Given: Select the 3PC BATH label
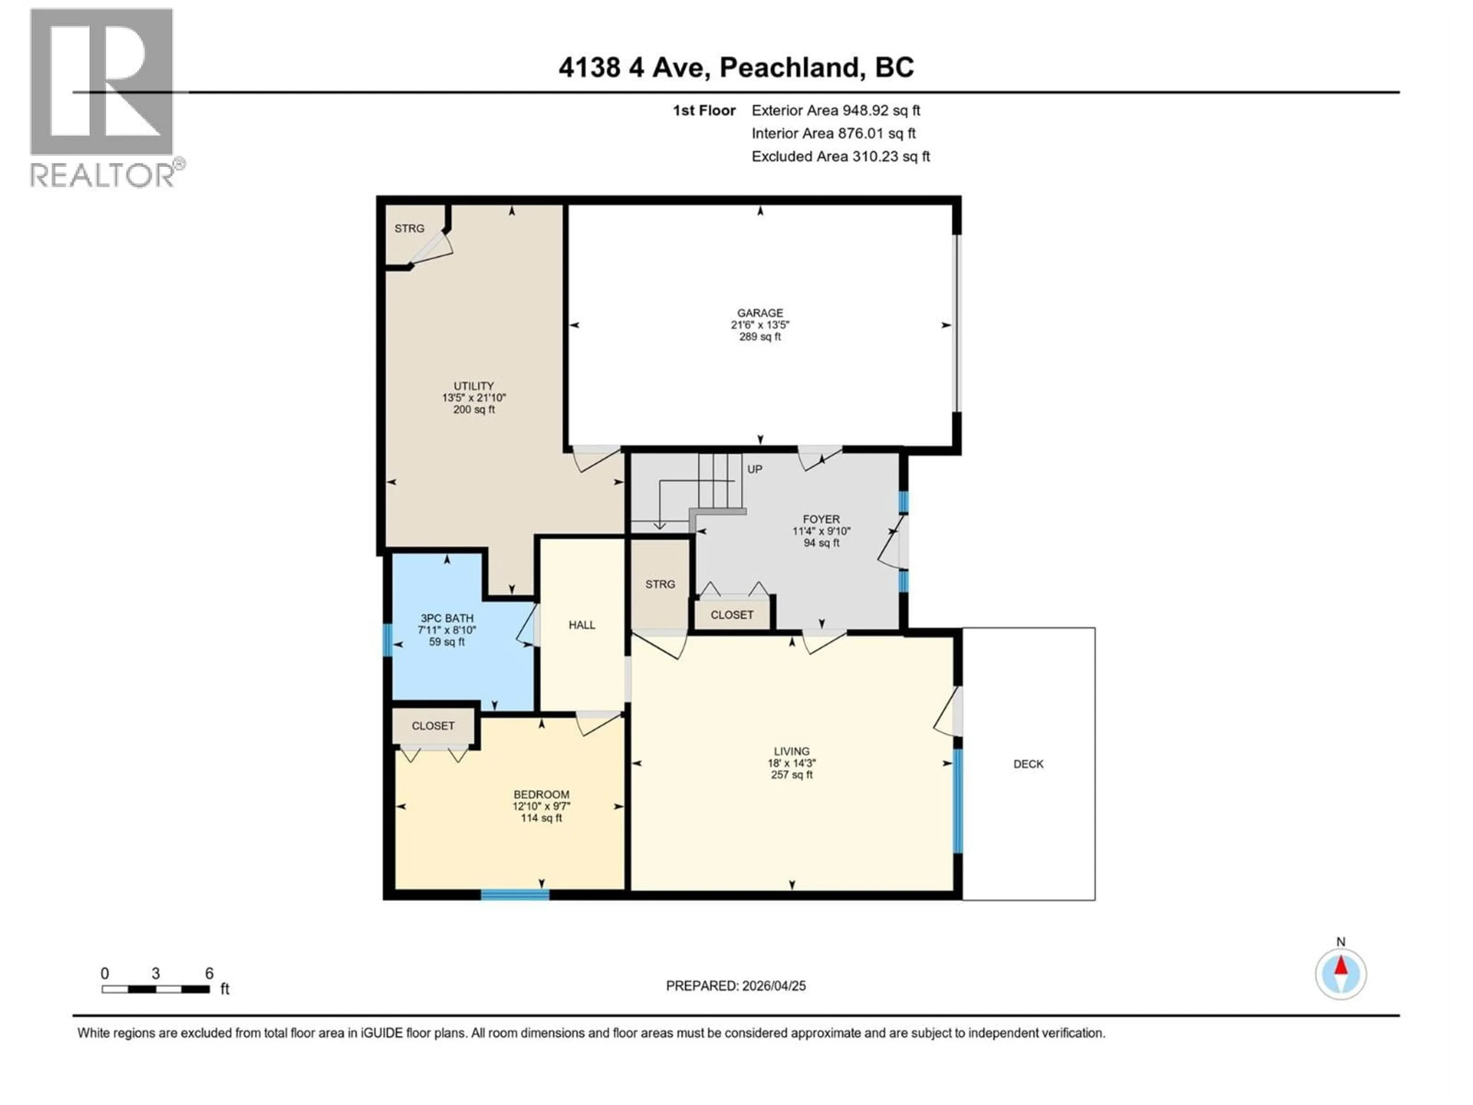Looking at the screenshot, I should [447, 618].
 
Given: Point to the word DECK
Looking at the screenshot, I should [1028, 764].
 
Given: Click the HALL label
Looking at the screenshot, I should [582, 625].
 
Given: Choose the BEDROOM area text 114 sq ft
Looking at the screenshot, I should [541, 818].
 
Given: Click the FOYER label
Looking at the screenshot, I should [821, 519].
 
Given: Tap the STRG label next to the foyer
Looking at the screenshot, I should [660, 584].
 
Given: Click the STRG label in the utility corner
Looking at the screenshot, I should [409, 228].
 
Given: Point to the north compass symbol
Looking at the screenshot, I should [1341, 974].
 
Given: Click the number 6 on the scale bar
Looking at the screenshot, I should [209, 973].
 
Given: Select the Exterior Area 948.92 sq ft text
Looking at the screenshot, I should [836, 110].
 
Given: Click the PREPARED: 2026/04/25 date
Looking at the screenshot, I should [735, 986].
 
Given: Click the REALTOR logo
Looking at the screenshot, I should [103, 97].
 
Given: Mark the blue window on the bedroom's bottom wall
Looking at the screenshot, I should [515, 894].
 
